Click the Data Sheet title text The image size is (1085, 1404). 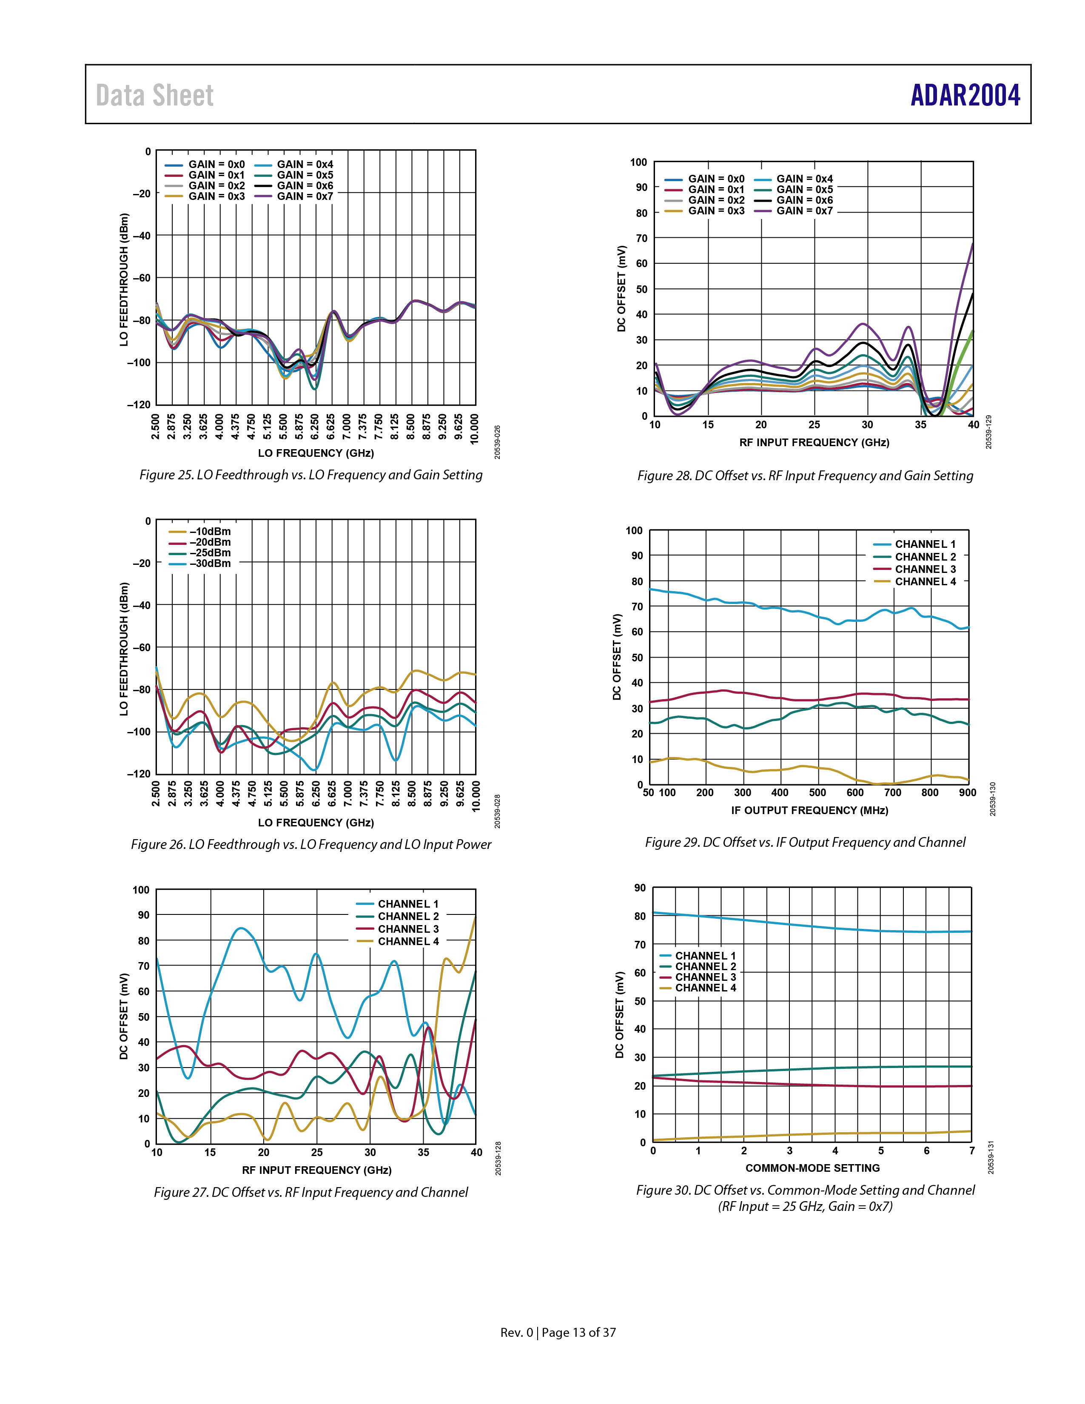click(155, 96)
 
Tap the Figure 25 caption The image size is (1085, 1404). click(311, 475)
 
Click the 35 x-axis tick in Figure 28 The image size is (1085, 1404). click(920, 424)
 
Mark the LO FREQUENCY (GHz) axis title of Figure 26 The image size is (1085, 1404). click(316, 822)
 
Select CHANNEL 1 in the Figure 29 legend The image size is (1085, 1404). click(915, 544)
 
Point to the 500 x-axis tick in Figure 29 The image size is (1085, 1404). click(817, 793)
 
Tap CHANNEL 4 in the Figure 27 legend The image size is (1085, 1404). click(397, 941)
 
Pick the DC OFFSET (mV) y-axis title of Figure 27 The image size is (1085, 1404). click(123, 1017)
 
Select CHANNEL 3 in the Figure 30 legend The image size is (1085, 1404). click(698, 977)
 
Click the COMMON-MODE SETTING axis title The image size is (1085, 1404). click(812, 1168)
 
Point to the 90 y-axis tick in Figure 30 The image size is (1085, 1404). click(640, 888)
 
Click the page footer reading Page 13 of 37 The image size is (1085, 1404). click(578, 1333)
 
